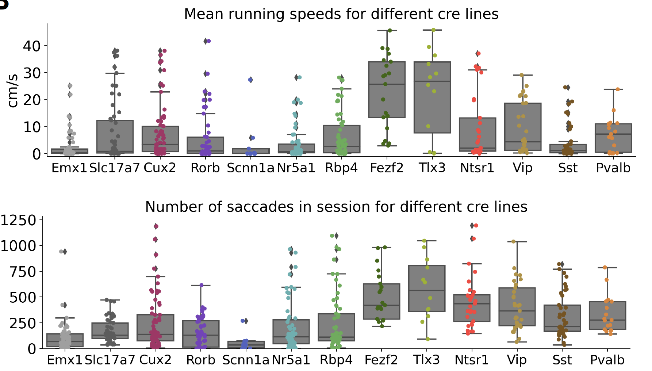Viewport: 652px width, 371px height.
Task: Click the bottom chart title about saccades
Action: click(336, 207)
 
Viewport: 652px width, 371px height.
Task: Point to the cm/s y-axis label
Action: click(13, 91)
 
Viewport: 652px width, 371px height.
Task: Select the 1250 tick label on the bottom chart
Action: click(18, 220)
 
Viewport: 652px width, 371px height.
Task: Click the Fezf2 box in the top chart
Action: click(387, 89)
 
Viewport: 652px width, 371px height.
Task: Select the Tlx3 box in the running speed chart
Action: click(432, 97)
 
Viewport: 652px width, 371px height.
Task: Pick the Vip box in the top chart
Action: click(523, 127)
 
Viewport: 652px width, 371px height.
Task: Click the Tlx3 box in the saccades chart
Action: click(427, 288)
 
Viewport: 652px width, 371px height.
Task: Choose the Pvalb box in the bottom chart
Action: click(608, 315)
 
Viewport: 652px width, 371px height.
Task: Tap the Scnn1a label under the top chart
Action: click(250, 168)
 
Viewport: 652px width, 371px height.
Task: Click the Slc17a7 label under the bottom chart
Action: click(110, 360)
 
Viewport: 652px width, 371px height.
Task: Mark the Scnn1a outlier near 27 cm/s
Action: click(250, 80)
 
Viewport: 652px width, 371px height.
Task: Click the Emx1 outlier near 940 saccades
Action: click(65, 252)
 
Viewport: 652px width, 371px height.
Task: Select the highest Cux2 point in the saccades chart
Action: click(156, 226)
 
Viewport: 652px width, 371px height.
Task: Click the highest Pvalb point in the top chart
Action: click(618, 89)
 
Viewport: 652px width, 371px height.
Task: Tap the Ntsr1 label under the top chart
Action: click(477, 168)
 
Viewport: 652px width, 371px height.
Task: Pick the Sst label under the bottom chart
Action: click(562, 360)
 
